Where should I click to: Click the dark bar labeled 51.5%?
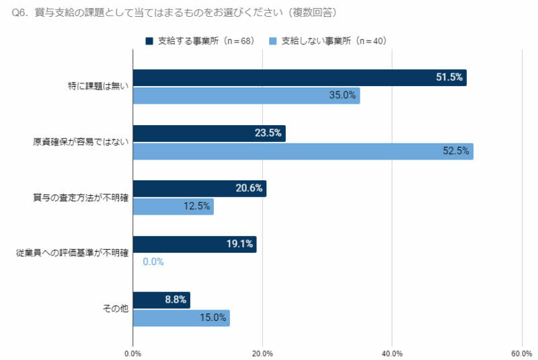click(299, 77)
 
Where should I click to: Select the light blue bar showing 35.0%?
click(246, 96)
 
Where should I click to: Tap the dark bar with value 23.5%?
click(209, 133)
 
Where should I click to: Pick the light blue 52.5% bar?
click(303, 151)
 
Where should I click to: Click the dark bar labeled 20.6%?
click(200, 188)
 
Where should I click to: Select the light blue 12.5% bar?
click(173, 207)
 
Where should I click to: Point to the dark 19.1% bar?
click(194, 244)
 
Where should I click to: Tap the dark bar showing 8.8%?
click(161, 300)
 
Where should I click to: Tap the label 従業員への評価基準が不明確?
click(72, 254)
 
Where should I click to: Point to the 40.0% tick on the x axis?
click(392, 353)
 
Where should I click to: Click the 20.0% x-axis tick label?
click(262, 353)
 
